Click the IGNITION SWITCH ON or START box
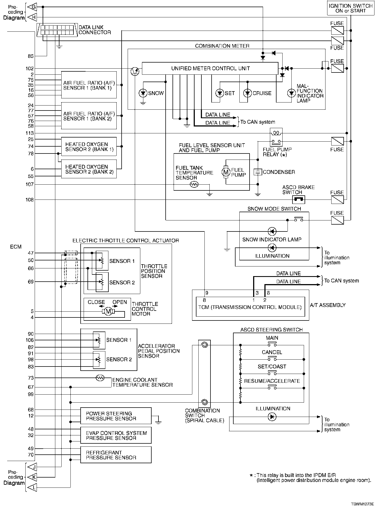point(351,8)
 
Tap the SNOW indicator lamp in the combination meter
point(143,93)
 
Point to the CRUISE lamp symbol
point(248,93)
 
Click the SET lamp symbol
point(220,93)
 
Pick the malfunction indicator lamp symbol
point(291,93)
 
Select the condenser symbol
point(258,172)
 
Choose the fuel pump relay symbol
point(276,137)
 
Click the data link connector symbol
point(57,30)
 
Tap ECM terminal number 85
point(31,56)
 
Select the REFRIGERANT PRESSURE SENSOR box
point(116,455)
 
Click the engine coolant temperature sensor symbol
point(100,378)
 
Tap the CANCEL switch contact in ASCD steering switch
point(272,359)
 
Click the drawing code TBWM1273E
point(362,504)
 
